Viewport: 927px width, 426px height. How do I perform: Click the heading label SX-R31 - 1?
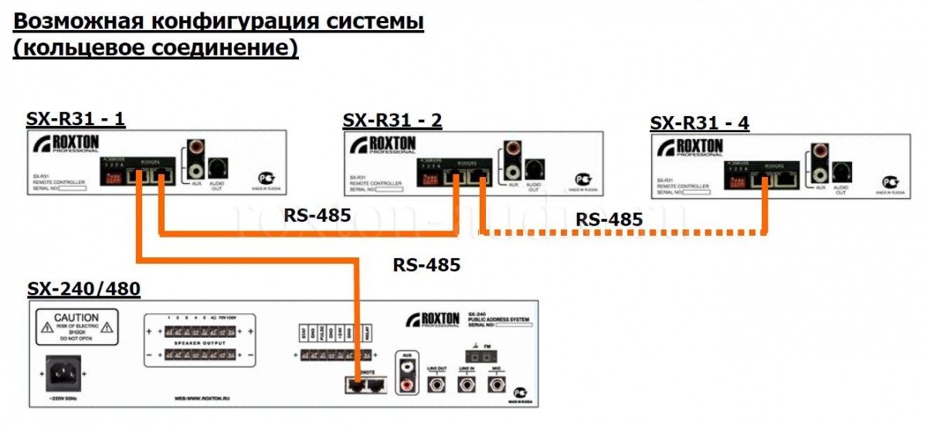[76, 119]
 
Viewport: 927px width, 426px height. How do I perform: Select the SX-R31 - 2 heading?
[392, 120]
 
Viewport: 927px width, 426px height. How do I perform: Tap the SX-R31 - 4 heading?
[700, 123]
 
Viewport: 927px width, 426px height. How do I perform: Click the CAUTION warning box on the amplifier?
[76, 329]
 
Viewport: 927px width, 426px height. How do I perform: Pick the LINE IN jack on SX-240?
[467, 385]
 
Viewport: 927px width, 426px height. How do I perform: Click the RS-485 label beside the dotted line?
[609, 220]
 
